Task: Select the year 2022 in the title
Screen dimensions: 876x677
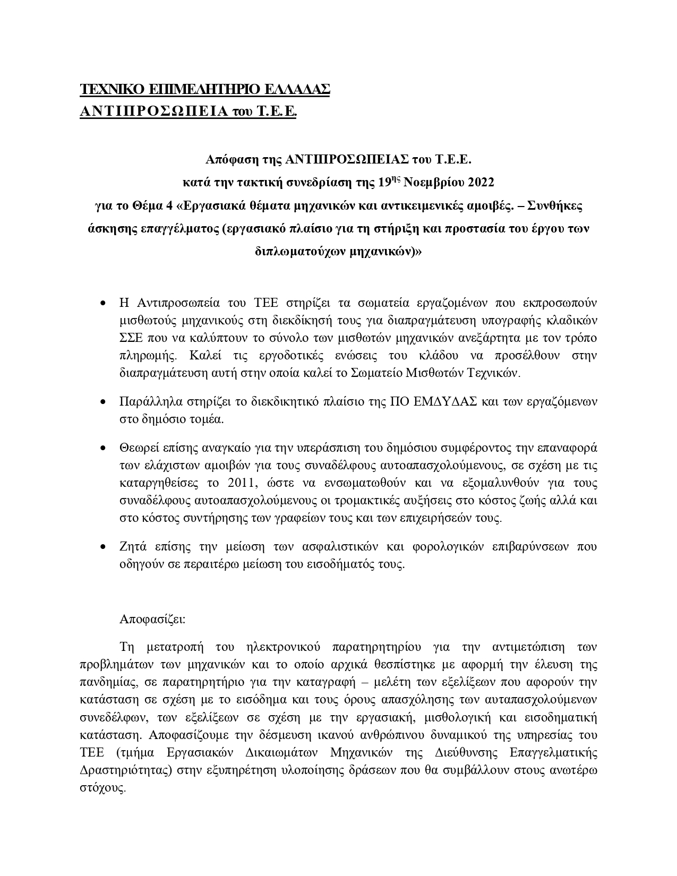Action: pos(481,183)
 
